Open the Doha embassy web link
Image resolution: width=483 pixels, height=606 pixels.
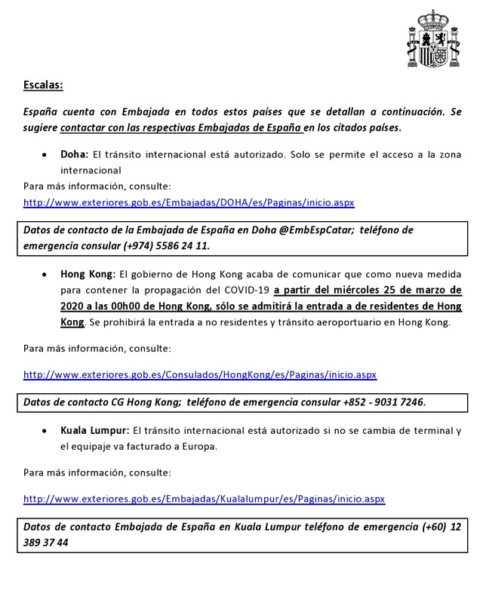(x=189, y=202)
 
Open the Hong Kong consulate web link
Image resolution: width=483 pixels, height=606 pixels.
(x=200, y=374)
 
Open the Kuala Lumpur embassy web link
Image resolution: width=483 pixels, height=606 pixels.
(x=204, y=499)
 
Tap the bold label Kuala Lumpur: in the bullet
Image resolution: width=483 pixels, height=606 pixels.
(x=95, y=430)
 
